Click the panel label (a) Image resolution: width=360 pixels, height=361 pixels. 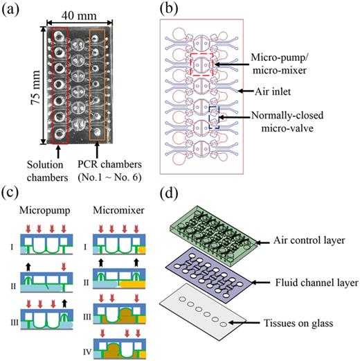coord(12,10)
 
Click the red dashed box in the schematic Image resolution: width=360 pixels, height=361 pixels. coord(201,63)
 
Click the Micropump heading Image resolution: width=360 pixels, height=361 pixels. coord(43,209)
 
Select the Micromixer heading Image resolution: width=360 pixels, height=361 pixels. coord(118,209)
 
